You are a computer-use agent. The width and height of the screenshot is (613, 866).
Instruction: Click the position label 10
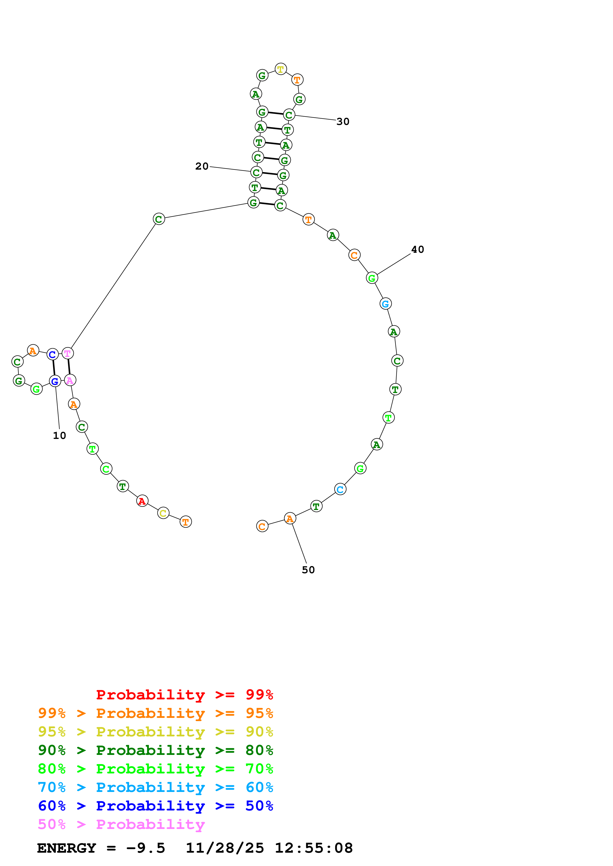[59, 436]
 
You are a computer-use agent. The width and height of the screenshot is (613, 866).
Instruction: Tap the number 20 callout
[202, 166]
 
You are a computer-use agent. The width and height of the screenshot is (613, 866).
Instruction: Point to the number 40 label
[417, 250]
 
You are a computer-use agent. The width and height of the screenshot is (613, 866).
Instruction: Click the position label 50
[308, 570]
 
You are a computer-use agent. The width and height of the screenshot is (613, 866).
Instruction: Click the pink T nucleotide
[68, 354]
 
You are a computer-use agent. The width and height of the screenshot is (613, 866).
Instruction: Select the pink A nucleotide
[70, 380]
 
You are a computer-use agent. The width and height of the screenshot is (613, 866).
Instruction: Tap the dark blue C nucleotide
[52, 354]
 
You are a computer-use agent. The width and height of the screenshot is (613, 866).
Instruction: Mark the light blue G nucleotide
[385, 304]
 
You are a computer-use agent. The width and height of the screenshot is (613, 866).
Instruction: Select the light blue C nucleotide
[340, 490]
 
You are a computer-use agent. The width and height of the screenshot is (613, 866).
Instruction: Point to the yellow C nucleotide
[163, 513]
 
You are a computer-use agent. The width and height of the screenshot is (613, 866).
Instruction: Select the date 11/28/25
[225, 848]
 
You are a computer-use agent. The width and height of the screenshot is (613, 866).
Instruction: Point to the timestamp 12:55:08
[314, 848]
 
